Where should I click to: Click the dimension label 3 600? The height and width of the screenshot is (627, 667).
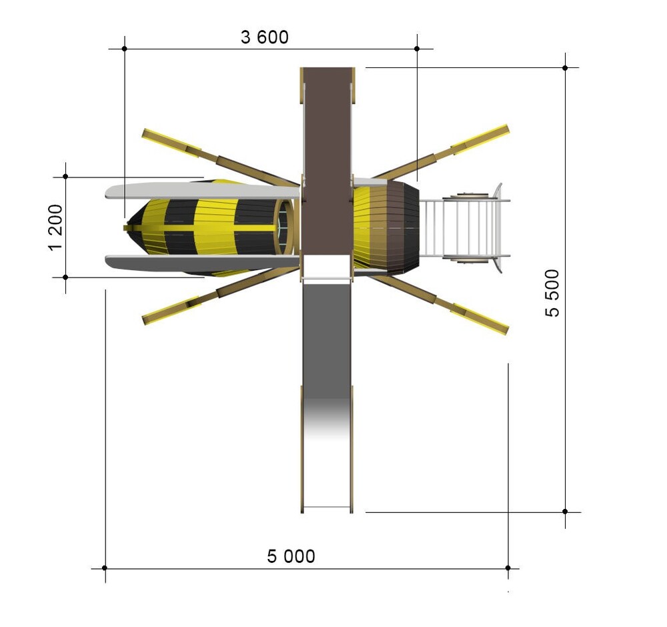(x=265, y=37)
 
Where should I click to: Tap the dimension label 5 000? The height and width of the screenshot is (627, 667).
(x=291, y=556)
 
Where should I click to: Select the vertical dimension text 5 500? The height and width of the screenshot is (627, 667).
(x=552, y=293)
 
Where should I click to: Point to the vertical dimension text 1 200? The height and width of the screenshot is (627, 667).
(x=55, y=227)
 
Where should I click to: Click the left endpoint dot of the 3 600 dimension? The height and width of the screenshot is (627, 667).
(x=124, y=49)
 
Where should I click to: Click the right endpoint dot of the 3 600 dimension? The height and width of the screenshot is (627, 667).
(x=417, y=49)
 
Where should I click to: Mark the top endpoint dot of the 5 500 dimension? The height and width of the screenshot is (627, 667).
(x=565, y=67)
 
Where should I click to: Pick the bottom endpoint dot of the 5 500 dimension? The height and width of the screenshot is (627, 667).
(x=565, y=512)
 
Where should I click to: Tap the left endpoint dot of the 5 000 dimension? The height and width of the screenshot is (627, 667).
(x=105, y=568)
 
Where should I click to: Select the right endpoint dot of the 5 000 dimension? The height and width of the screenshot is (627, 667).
(x=508, y=568)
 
